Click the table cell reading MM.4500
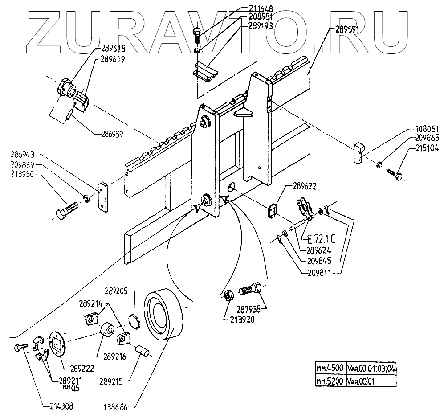click(x=329, y=369)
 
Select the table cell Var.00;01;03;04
click(x=371, y=369)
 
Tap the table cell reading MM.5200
click(x=329, y=381)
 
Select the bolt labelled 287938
click(x=249, y=289)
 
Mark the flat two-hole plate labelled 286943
click(x=103, y=197)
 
